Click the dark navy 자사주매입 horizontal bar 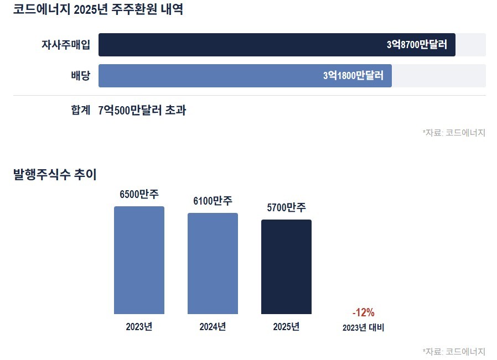click(277, 45)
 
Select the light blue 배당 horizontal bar click(245, 76)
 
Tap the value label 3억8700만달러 click(417, 45)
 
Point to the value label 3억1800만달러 click(354, 76)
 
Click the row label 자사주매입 click(66, 45)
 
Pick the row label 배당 click(80, 76)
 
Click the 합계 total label click(80, 110)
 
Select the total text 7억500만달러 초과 click(142, 110)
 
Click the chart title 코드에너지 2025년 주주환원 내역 click(98, 9)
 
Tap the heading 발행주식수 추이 click(55, 174)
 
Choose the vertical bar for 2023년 click(139, 260)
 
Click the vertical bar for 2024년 click(213, 263)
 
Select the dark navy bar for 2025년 click(286, 267)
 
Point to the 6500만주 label click(139, 194)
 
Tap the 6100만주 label click(213, 201)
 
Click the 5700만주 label click(286, 207)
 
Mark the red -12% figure click(363, 312)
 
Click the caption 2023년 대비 click(363, 327)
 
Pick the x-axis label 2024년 click(213, 326)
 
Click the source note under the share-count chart click(454, 352)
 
